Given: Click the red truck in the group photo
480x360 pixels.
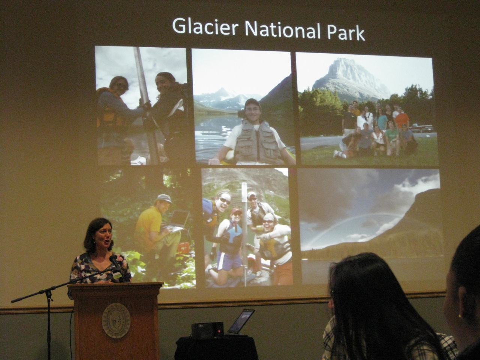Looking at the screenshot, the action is coord(421,128).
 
